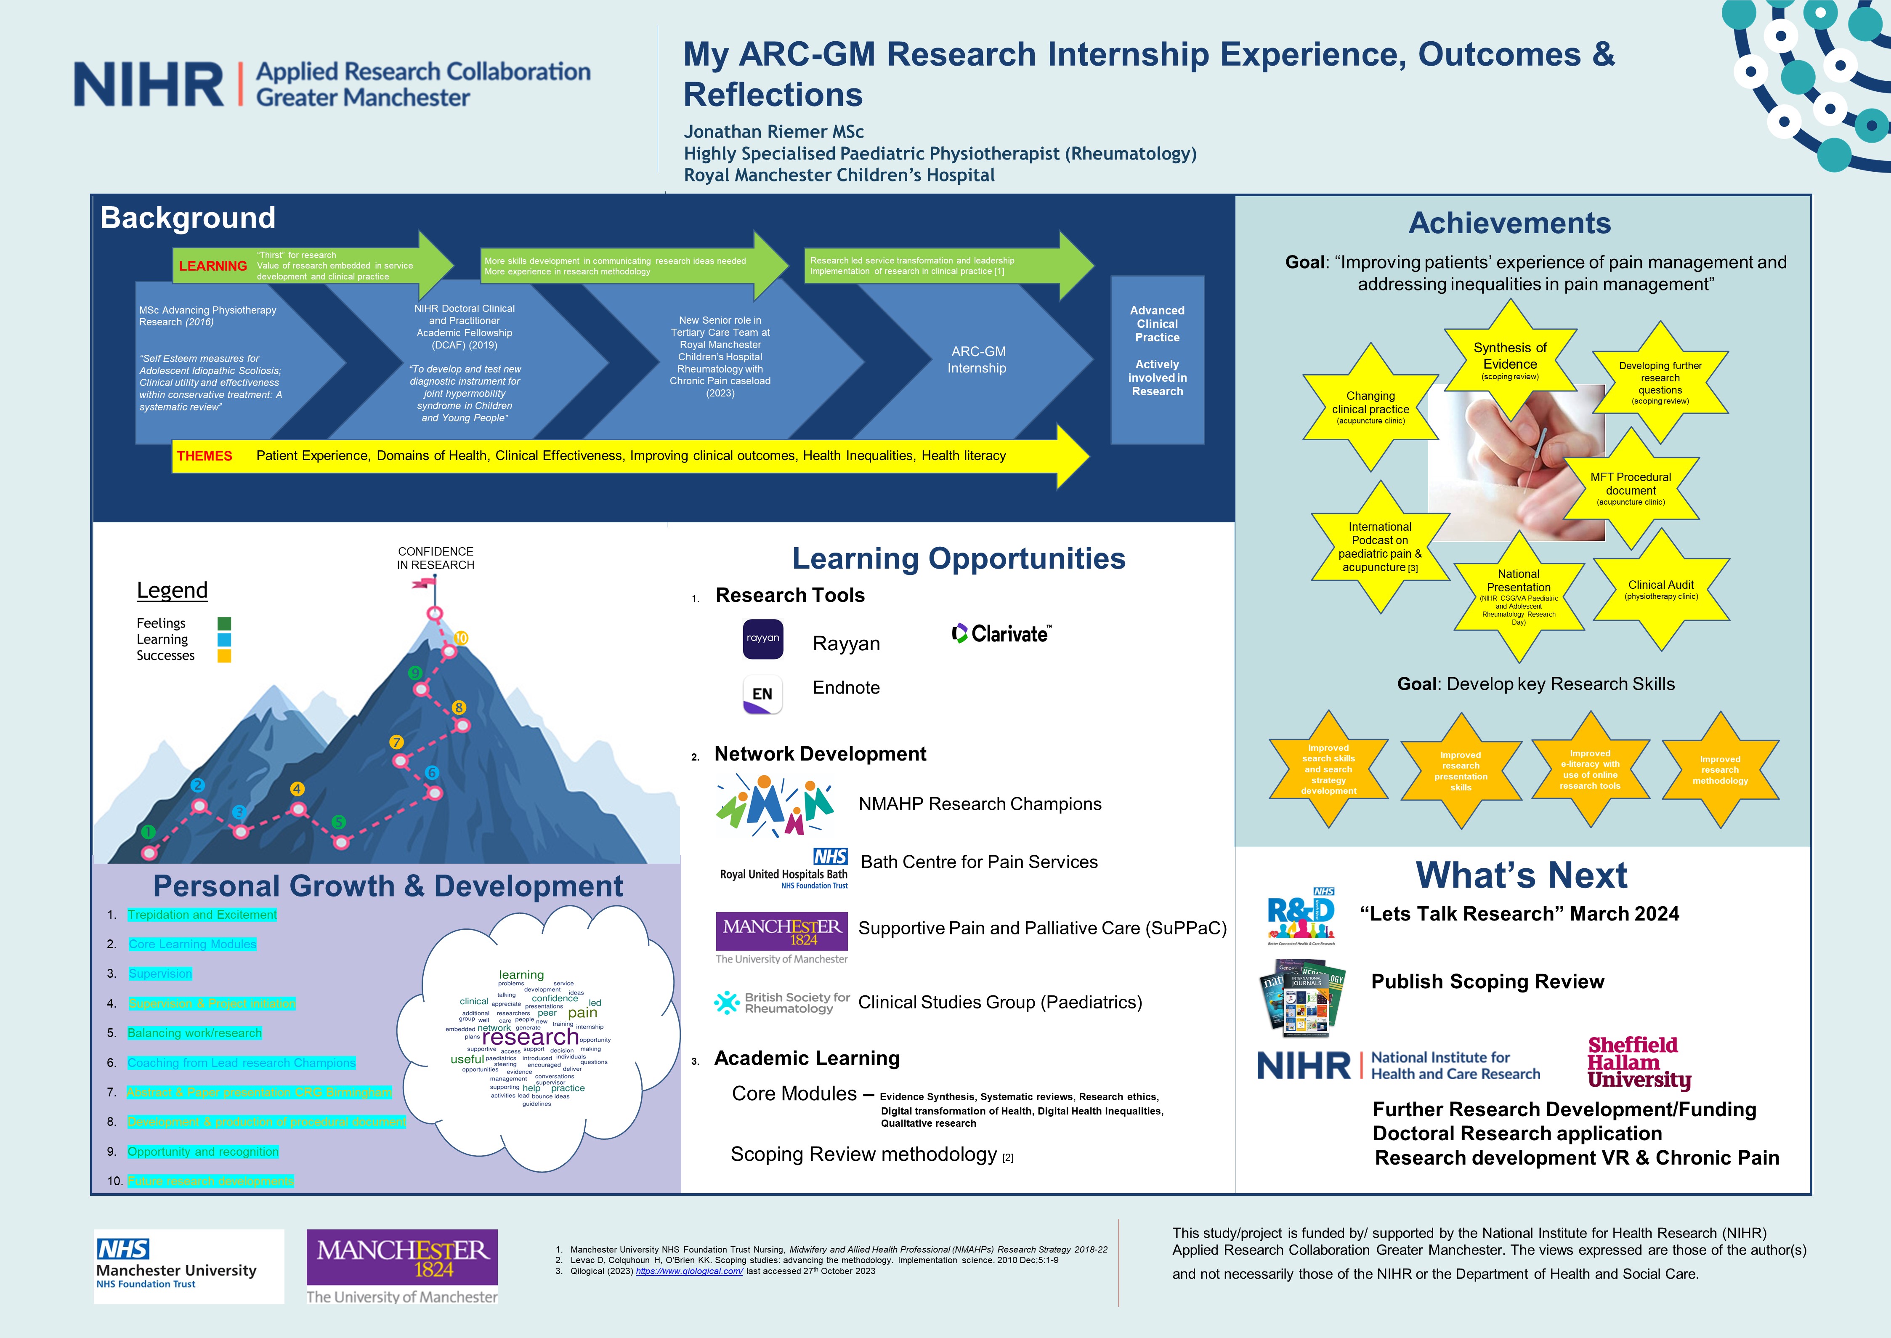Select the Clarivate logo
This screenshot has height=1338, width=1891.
pyautogui.click(x=1001, y=633)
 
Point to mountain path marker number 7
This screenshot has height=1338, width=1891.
pyautogui.click(x=396, y=742)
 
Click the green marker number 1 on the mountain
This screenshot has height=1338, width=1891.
pyautogui.click(x=148, y=832)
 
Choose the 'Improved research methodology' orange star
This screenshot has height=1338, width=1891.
pyautogui.click(x=1720, y=769)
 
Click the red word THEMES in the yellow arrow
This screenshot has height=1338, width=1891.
pyautogui.click(x=204, y=456)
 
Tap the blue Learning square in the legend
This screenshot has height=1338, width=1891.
pyautogui.click(x=224, y=639)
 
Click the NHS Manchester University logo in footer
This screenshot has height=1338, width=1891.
pyautogui.click(x=189, y=1266)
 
